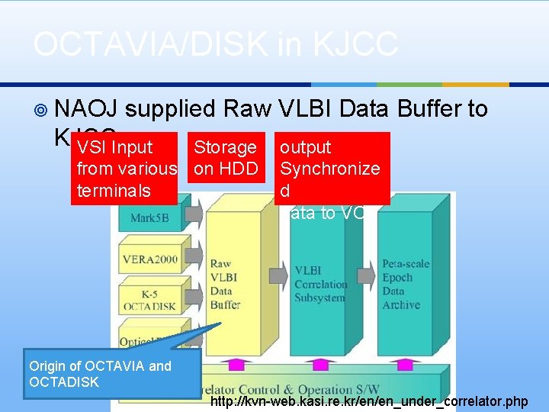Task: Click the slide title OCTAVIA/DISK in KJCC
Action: (x=215, y=44)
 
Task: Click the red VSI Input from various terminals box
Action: (x=127, y=169)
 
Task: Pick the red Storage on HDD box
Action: (x=226, y=158)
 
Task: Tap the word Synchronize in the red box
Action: (x=329, y=169)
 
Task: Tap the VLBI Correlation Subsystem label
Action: (x=319, y=284)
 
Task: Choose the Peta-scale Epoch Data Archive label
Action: (x=406, y=284)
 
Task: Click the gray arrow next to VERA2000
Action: (x=192, y=259)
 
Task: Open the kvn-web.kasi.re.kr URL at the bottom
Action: (x=368, y=401)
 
